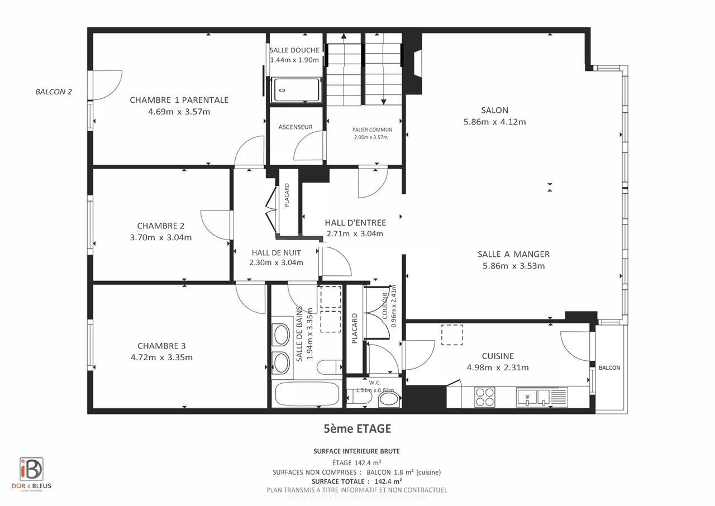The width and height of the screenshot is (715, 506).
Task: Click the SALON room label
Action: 494,110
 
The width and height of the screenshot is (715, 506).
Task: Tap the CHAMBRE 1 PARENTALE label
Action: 179,100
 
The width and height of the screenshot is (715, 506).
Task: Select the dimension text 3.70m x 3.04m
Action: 160,237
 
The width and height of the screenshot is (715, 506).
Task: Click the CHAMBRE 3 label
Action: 161,346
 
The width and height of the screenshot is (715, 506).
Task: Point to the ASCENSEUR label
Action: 295,127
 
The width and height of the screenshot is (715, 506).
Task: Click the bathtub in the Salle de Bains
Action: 306,394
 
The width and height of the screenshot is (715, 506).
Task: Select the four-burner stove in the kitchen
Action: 484,397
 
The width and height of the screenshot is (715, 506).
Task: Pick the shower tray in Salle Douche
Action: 296,90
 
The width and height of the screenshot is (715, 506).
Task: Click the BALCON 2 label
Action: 54,92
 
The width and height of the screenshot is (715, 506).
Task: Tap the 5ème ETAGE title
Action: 357,429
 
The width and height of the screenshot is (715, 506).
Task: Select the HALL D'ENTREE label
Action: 355,223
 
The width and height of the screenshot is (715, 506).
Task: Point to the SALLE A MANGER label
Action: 513,254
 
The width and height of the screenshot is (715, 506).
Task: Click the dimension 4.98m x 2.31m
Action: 498,367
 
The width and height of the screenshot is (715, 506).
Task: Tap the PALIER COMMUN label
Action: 372,130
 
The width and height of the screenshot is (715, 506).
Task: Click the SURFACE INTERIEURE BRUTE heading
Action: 356,451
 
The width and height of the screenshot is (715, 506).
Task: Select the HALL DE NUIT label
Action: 276,252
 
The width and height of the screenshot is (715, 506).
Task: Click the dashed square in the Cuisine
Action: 452,335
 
